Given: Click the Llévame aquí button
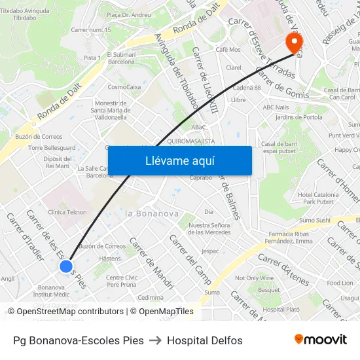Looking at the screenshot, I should (x=179, y=161).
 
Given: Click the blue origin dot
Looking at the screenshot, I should (x=66, y=266).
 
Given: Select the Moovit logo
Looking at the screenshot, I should (x=321, y=340).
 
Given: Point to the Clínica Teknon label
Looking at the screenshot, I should (x=67, y=212).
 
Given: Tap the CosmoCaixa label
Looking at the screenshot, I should (x=124, y=86).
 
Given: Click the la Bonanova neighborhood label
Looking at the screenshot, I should (x=152, y=213).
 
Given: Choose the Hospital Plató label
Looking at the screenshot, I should (x=281, y=309).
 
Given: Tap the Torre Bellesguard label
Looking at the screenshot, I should (x=52, y=148).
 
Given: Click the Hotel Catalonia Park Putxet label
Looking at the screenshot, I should (x=318, y=198).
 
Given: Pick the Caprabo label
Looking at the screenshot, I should (x=201, y=177).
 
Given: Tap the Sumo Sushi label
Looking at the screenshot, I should (x=315, y=220).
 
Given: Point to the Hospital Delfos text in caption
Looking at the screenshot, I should (x=205, y=340).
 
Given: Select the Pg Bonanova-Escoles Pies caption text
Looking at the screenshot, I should (x=79, y=340).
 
